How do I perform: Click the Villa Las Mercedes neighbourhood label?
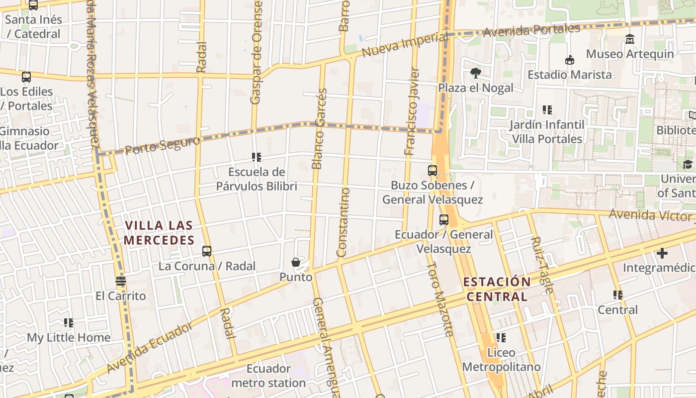tap(159, 233)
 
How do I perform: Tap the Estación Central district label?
tap(497, 289)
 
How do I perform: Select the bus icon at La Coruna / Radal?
tap(207, 251)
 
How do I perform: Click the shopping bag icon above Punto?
tap(296, 262)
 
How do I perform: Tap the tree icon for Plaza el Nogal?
tap(475, 73)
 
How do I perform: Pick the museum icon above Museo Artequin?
tap(630, 39)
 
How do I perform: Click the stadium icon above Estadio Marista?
tap(570, 60)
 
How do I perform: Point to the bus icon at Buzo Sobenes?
tap(433, 171)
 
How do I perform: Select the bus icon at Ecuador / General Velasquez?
tap(444, 219)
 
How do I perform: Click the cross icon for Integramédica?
tap(662, 253)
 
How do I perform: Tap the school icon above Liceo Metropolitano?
tap(501, 338)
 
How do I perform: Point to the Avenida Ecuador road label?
tap(149, 348)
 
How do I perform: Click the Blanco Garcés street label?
tap(319, 128)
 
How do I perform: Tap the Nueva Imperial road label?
tap(405, 45)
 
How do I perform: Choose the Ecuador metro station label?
tap(268, 376)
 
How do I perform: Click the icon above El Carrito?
tap(120, 282)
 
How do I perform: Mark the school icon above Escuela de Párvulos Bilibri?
tap(257, 158)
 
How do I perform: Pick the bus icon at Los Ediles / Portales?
tap(26, 77)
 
